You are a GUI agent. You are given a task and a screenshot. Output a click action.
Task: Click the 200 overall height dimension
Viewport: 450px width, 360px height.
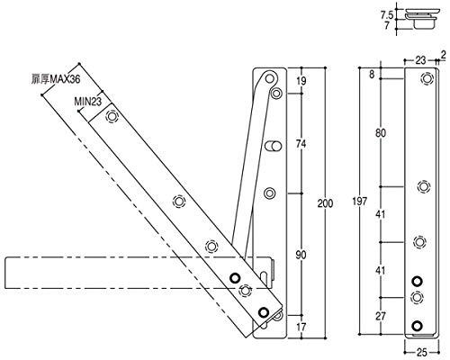click(x=325, y=203)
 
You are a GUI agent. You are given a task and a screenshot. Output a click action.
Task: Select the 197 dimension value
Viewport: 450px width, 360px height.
click(x=359, y=202)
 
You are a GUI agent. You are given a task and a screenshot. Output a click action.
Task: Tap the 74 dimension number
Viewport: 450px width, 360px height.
click(x=301, y=144)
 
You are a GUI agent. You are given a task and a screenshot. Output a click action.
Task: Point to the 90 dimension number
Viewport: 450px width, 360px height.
click(x=301, y=255)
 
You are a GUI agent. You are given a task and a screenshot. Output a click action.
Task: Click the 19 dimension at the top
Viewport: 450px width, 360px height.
click(x=301, y=81)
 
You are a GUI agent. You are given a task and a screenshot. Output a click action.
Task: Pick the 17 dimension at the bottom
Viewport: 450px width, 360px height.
click(x=301, y=327)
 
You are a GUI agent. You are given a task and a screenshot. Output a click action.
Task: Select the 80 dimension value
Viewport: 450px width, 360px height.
click(x=381, y=133)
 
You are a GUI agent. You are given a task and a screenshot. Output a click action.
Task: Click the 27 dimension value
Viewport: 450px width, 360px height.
click(x=381, y=316)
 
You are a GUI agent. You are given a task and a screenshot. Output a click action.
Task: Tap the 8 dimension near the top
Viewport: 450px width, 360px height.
click(x=372, y=74)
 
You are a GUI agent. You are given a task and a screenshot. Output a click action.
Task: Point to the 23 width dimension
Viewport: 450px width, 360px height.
click(x=420, y=60)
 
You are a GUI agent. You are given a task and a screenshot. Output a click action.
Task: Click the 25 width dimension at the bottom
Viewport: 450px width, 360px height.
click(x=422, y=353)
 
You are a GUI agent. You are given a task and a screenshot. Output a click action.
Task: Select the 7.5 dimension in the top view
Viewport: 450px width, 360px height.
click(x=387, y=14)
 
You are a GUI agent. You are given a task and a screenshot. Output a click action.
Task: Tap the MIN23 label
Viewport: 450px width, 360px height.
click(x=88, y=102)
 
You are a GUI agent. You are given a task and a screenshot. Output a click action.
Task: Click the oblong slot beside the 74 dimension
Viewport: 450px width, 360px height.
click(x=274, y=146)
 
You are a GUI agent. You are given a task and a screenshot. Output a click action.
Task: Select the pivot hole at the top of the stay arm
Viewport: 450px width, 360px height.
click(x=270, y=79)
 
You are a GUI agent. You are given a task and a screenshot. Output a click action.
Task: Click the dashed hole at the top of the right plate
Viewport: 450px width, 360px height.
click(x=427, y=78)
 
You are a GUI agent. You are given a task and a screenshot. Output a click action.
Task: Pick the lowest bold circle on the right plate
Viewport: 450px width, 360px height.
click(x=417, y=326)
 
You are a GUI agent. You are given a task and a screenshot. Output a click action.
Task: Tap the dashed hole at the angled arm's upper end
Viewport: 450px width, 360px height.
click(x=112, y=116)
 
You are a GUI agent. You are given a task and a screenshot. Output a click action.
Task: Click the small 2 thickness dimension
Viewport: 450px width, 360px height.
click(x=443, y=54)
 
